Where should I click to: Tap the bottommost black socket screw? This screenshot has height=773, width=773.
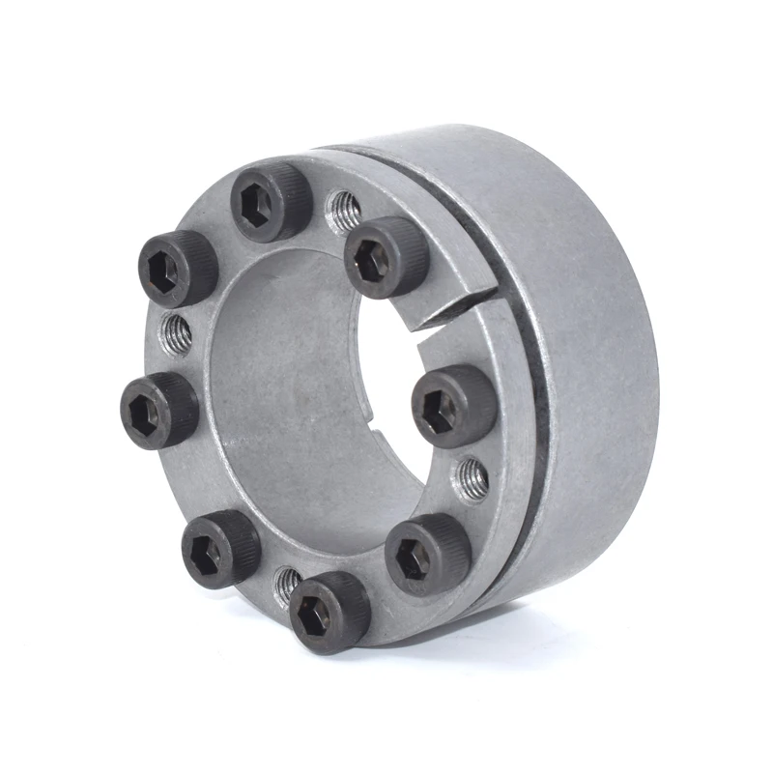click(x=329, y=612)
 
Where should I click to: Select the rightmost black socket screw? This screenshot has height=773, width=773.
click(x=453, y=405)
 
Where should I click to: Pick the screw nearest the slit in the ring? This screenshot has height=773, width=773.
click(x=386, y=256)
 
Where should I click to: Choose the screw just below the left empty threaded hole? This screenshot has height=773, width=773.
click(x=161, y=411)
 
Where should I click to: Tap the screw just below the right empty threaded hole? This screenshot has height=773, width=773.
click(x=427, y=553)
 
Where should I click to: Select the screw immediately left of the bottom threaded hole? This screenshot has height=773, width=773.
click(x=220, y=548)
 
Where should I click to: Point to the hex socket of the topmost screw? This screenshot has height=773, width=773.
click(x=259, y=212)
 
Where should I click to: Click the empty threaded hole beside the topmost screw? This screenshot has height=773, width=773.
click(x=343, y=212)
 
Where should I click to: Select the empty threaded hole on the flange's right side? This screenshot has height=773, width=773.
click(x=471, y=477)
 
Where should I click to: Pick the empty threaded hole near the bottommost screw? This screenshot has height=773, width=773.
click(x=287, y=582)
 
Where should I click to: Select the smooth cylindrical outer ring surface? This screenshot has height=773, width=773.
click(x=599, y=319)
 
